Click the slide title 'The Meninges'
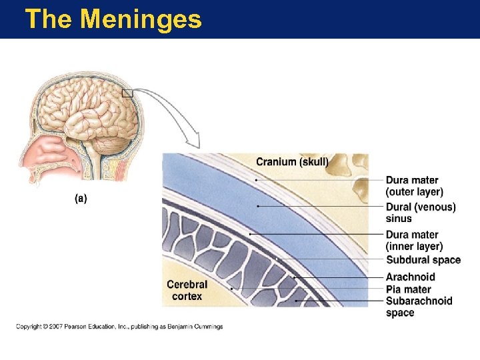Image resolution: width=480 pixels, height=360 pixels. [x=113, y=19]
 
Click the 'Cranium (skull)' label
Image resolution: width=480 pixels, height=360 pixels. [x=292, y=162]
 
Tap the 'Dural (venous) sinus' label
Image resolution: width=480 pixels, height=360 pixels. [x=421, y=213]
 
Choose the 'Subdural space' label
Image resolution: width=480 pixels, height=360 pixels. [x=423, y=260]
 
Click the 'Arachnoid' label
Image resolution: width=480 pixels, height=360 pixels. [x=410, y=277]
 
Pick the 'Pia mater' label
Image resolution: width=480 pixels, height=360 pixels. [x=408, y=289]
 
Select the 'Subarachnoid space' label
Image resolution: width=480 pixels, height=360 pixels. [x=419, y=307]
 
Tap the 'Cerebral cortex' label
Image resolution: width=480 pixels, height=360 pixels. [x=187, y=290]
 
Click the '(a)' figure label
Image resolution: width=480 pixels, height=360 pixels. [x=81, y=198]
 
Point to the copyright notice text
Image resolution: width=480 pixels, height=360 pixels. [x=119, y=327]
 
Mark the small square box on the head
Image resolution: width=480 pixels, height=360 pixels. [x=127, y=93]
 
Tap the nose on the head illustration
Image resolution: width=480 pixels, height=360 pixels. [x=33, y=163]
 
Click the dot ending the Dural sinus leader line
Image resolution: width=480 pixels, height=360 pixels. [x=258, y=207]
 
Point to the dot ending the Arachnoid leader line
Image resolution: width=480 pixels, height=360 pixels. [x=294, y=277]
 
